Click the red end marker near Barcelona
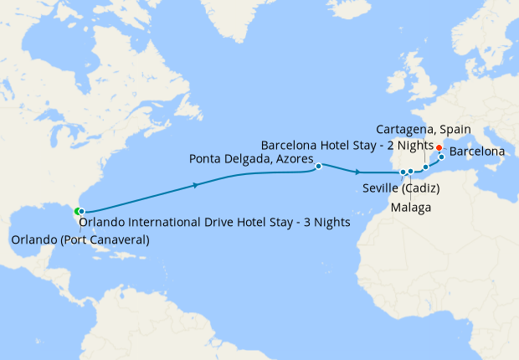(439, 147)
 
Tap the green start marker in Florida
(77, 211)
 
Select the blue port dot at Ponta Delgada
(319, 166)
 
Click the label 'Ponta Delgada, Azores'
(251, 158)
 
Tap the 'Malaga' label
(411, 206)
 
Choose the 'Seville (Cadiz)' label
(402, 188)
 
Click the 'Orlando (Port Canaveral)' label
(80, 240)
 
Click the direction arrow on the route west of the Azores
(196, 184)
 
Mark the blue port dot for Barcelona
(441, 157)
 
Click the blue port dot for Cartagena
(425, 167)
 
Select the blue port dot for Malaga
(411, 172)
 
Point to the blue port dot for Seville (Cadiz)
(403, 172)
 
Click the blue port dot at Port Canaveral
(81, 212)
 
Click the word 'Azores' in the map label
(295, 158)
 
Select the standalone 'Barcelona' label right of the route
(477, 152)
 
